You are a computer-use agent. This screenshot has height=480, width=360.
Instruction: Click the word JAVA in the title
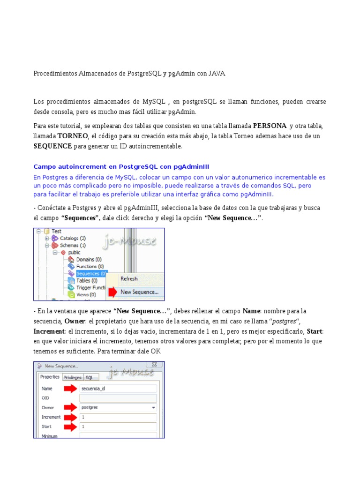217,74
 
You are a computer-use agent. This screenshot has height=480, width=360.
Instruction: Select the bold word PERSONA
270,126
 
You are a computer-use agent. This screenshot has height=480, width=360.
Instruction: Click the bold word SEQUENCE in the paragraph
52,146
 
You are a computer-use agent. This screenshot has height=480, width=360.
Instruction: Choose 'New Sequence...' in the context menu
139,292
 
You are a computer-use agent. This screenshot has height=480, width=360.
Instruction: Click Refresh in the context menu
129,278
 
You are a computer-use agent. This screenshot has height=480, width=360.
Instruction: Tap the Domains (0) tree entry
88,259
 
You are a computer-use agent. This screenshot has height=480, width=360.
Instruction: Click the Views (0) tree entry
85,295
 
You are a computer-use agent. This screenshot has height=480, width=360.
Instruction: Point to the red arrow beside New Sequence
112,292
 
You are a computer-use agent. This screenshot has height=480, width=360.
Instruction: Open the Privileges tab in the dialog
73,377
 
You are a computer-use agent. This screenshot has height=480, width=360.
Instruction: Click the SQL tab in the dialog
89,377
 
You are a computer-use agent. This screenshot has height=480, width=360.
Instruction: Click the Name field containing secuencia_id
118,388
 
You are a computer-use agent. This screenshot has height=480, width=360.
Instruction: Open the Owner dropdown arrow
153,408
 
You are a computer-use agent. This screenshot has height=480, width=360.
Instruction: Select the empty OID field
118,398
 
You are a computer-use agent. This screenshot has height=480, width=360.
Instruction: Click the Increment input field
118,417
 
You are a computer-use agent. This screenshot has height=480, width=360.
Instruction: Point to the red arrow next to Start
70,427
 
